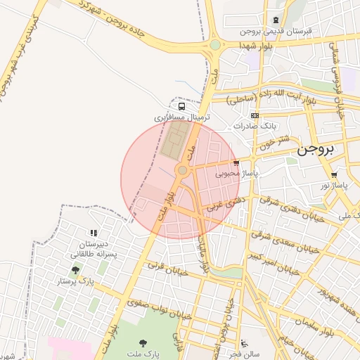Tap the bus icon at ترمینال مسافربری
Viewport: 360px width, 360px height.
click(182, 106)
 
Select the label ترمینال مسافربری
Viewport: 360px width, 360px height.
click(182, 117)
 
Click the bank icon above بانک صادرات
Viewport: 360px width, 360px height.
click(255, 116)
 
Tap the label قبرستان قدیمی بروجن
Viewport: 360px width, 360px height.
click(275, 32)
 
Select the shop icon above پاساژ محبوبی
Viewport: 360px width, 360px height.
click(236, 162)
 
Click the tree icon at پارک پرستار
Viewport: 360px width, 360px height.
click(75, 269)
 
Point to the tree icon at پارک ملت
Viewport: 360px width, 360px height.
click(143, 344)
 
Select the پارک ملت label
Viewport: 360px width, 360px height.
click(143, 354)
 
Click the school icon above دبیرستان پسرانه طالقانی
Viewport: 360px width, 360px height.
click(91, 233)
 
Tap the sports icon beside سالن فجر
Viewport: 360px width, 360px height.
click(243, 344)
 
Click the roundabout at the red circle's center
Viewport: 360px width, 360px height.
click(182, 170)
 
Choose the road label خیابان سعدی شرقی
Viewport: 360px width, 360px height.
click(283, 238)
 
